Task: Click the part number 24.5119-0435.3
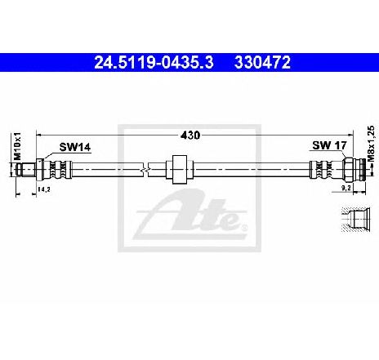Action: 154,63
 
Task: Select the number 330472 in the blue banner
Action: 262,63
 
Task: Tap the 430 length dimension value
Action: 190,135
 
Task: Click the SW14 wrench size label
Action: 75,147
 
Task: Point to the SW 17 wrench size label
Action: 329,145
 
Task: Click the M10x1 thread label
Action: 17,146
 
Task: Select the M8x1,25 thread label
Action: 371,144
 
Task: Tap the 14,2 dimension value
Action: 44,189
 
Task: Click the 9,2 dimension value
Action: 346,188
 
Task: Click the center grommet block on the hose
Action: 180,169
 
